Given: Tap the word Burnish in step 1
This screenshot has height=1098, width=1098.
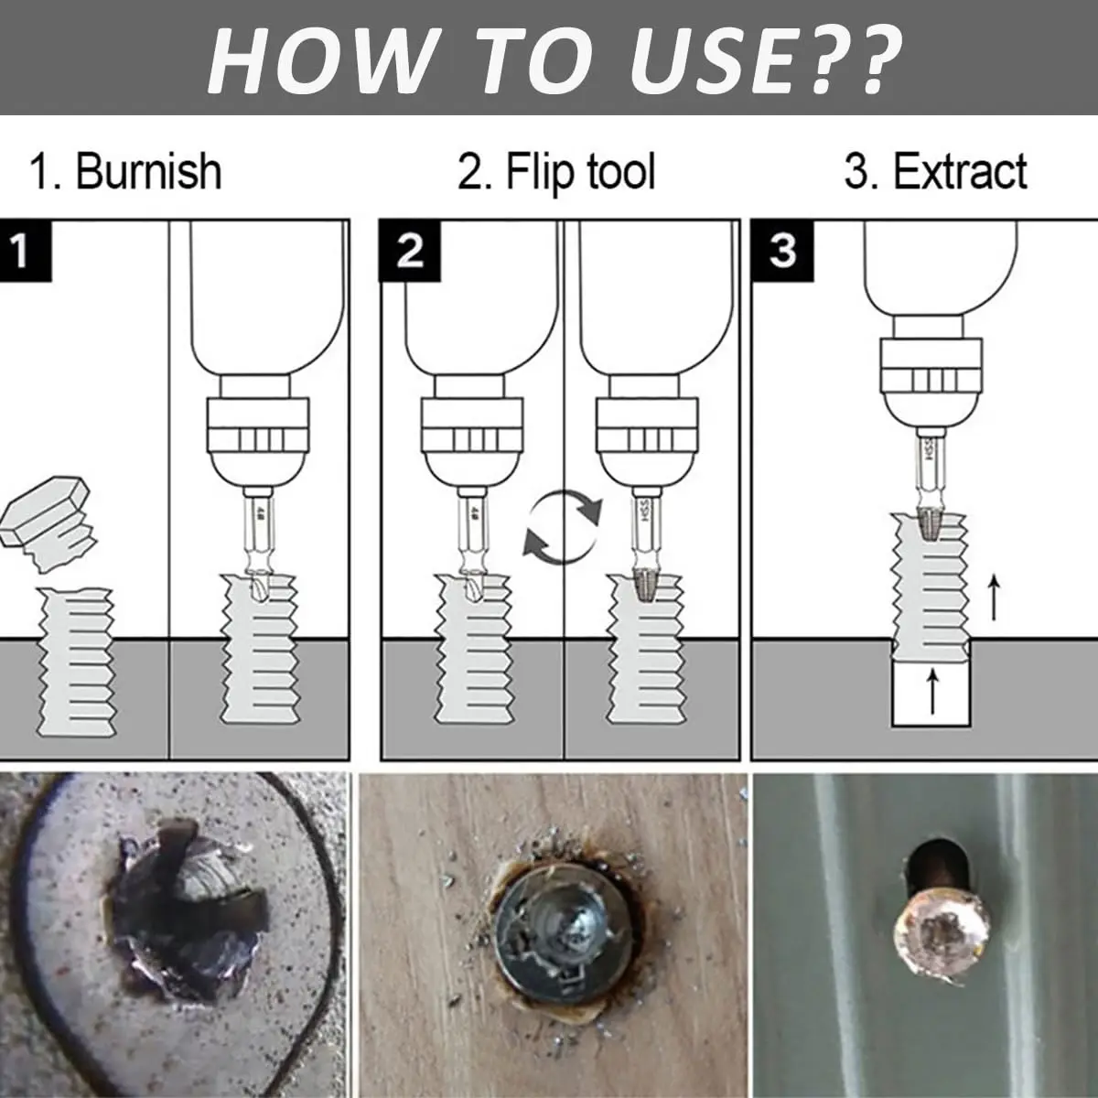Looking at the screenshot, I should coord(148,172).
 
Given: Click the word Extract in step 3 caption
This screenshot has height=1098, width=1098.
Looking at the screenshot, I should coord(959,172).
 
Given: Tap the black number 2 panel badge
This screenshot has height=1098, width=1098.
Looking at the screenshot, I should coord(409,250).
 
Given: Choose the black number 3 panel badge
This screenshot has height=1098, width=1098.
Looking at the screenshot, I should coord(781,250).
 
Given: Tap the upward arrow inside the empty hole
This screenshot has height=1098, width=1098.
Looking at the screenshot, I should coord(931,692).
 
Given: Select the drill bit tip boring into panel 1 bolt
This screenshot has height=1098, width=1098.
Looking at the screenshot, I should coord(258,587).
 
